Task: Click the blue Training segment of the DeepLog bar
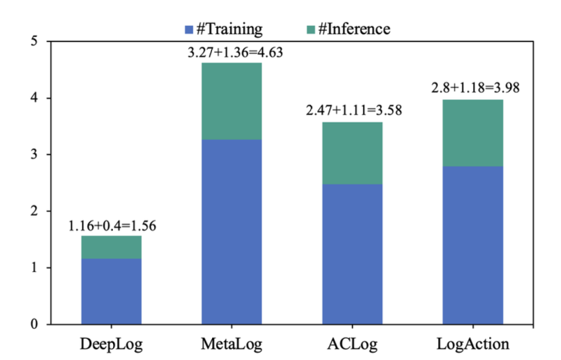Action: (111, 291)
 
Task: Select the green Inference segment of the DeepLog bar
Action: (111, 247)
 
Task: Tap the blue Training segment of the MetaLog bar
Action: (231, 232)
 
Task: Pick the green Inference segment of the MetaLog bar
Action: (231, 101)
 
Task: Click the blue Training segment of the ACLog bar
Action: (352, 254)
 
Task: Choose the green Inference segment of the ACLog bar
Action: (352, 153)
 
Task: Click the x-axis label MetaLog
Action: (231, 344)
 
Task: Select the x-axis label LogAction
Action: (473, 344)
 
